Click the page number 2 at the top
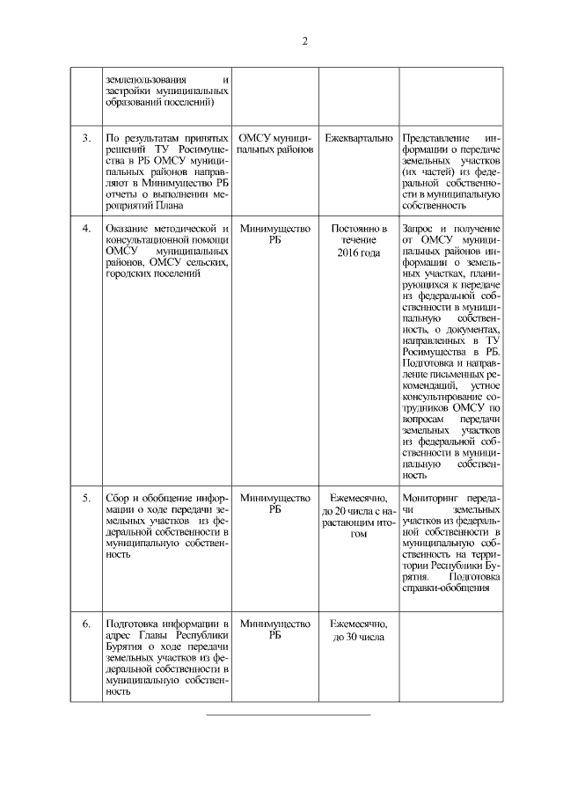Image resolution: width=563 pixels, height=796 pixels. point(303,40)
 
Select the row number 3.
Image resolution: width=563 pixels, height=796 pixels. point(86,139)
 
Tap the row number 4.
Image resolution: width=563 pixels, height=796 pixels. point(86,229)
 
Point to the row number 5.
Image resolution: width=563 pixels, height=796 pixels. point(86,498)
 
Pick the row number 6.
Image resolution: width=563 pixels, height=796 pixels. point(86,624)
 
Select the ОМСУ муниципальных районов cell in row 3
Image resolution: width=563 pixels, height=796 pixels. point(275,145)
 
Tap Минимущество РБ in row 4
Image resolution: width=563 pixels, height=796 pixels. point(275,235)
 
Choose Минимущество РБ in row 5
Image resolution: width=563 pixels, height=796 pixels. point(275,504)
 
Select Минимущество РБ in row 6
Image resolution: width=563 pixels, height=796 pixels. point(275,630)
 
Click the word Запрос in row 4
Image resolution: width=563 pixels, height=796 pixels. point(420,229)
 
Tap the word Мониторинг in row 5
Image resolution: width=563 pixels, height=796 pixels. point(431,498)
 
